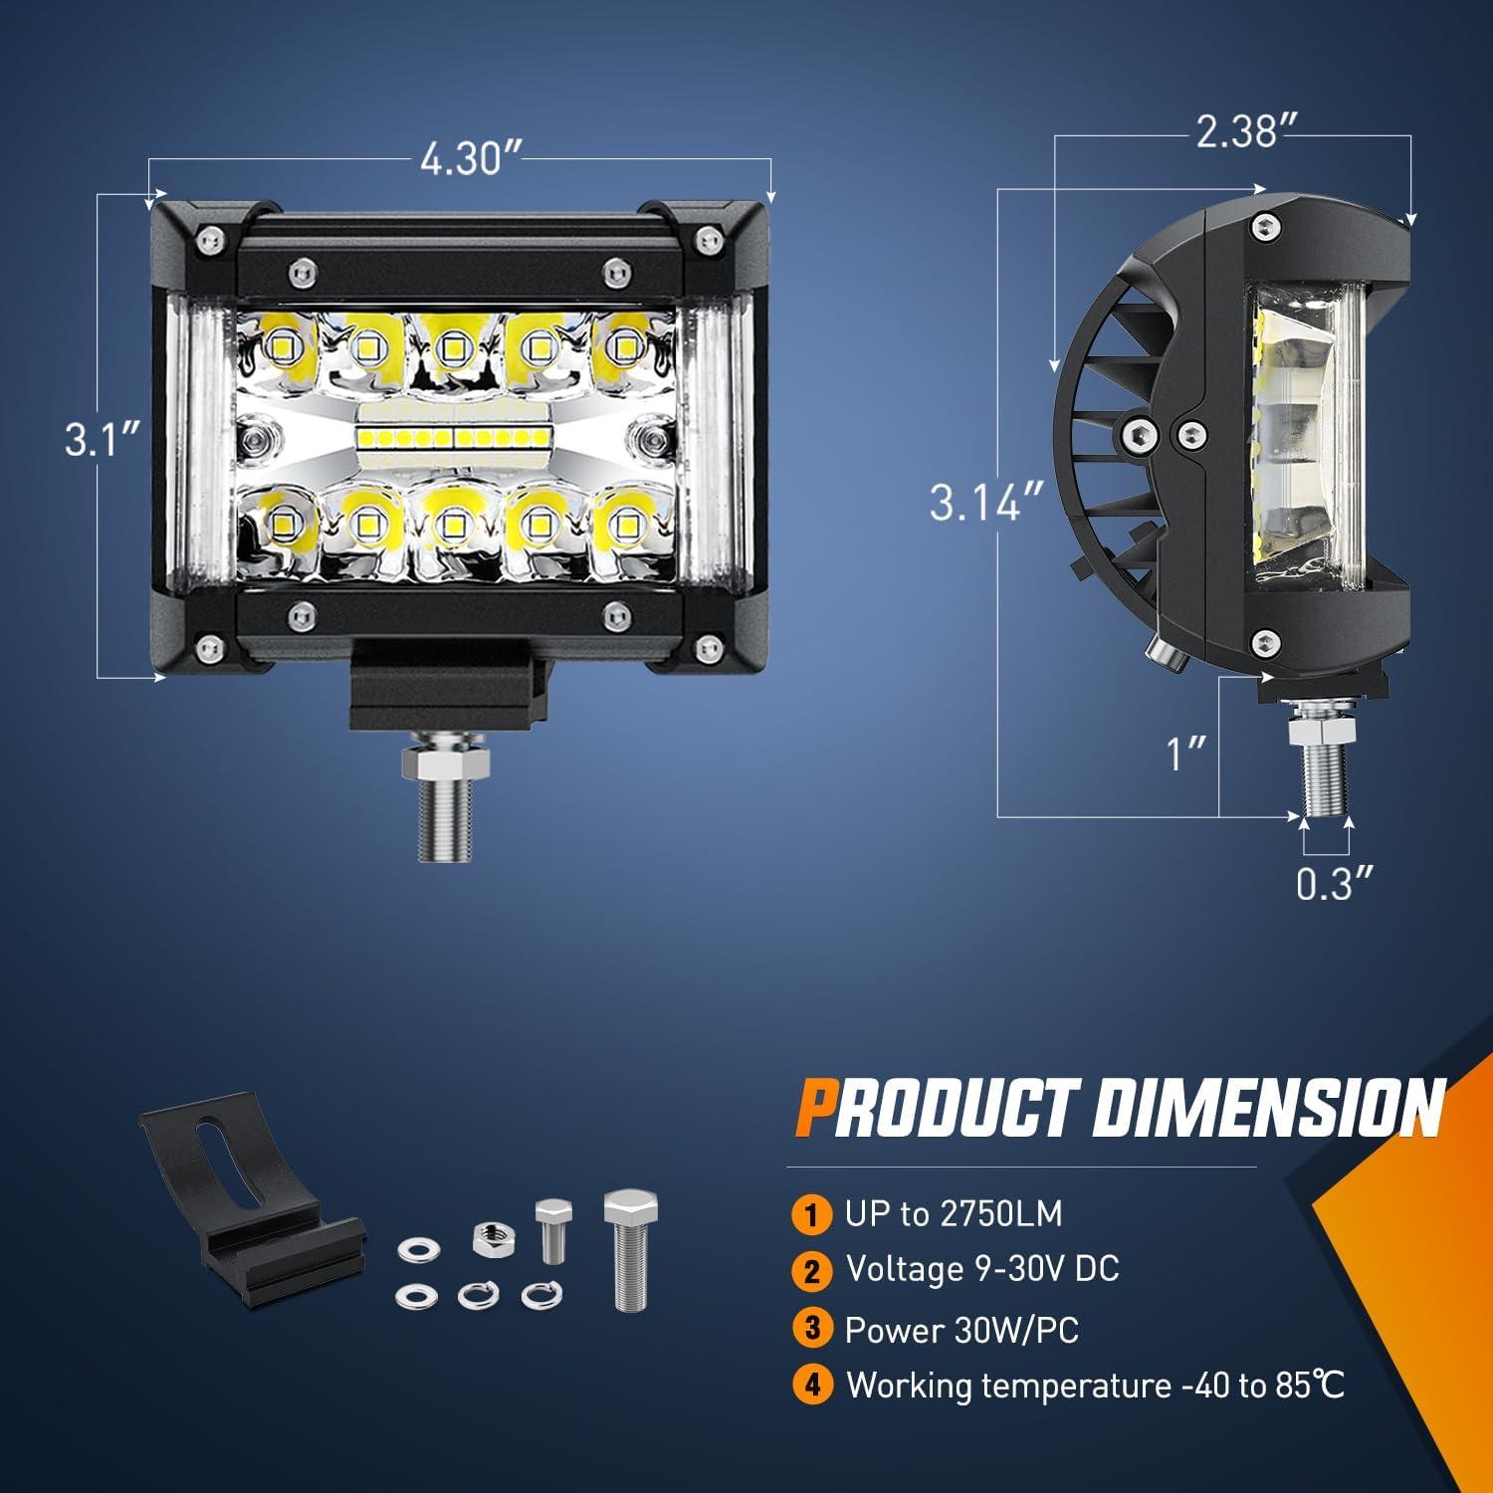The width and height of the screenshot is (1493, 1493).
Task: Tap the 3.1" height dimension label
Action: [101, 439]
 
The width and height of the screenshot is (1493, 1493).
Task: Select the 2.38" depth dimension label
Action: [1236, 130]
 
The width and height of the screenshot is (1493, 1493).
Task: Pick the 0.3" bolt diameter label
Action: [1335, 883]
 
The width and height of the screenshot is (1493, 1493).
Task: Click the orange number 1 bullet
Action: [812, 1214]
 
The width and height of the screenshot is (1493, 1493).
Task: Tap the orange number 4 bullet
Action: [812, 1385]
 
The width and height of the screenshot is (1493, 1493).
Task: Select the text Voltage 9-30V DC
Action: [982, 1269]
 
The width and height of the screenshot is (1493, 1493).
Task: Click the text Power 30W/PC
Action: [961, 1330]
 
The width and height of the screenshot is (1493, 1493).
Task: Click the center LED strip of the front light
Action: [453, 436]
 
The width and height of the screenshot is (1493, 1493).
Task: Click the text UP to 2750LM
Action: [954, 1213]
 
